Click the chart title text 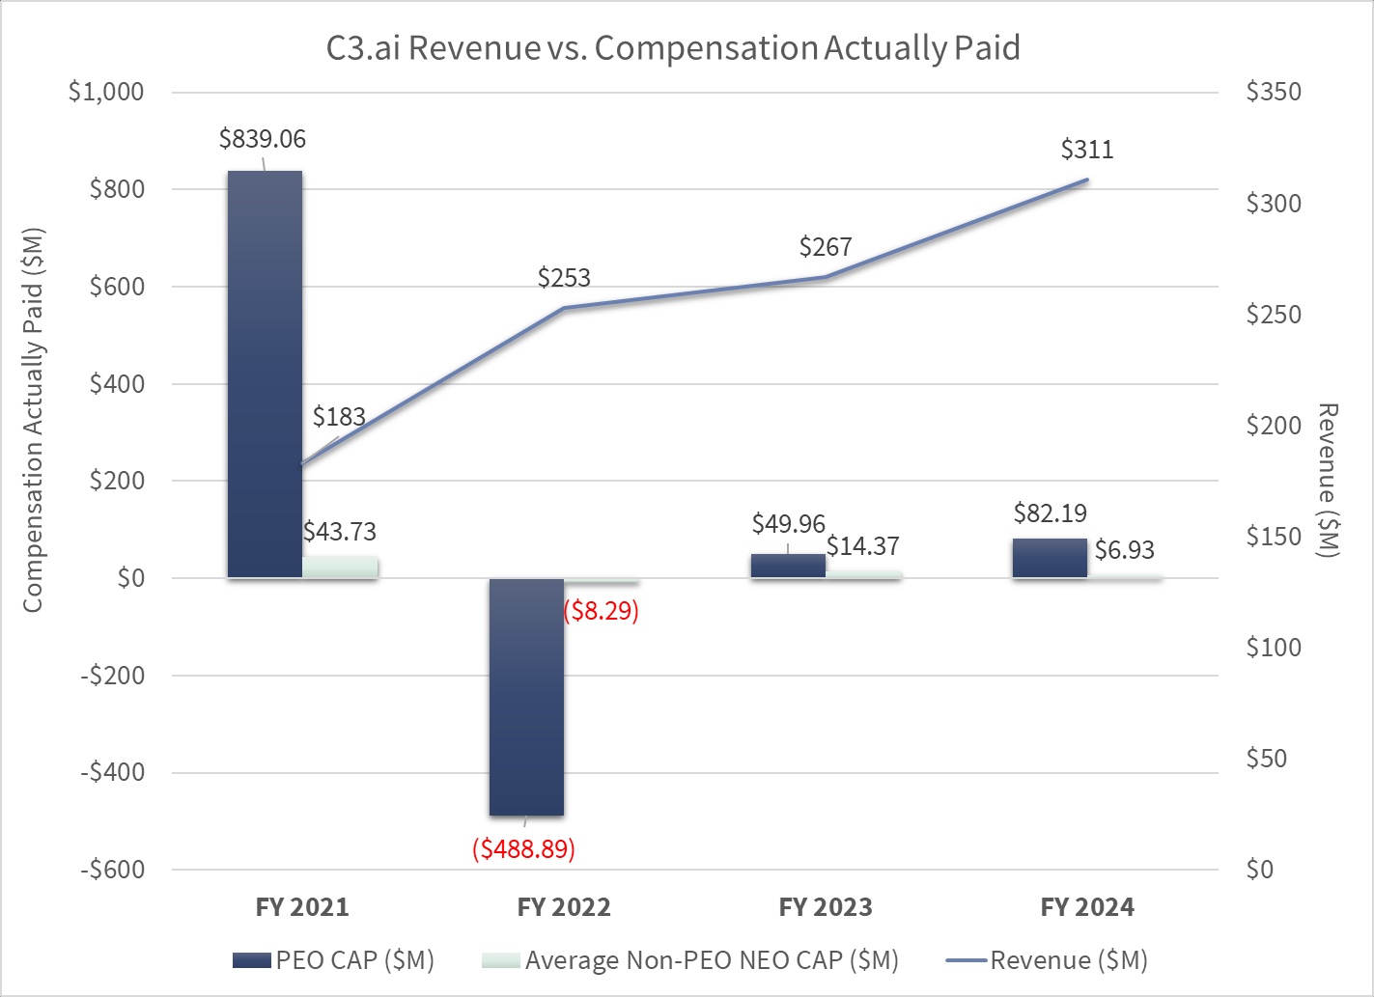673,47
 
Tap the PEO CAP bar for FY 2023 788,566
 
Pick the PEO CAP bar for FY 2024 1050,558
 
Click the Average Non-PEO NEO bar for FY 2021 340,567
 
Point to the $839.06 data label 262,139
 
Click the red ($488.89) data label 523,848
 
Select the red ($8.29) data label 601,611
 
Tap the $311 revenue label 1086,150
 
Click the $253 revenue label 564,278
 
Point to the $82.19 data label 1050,512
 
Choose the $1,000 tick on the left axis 105,92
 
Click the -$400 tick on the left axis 112,772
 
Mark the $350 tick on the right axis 1274,92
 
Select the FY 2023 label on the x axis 826,907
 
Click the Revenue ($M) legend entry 1047,960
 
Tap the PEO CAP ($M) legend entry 333,960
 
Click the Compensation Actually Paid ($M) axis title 33,420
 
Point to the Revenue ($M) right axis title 1329,480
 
